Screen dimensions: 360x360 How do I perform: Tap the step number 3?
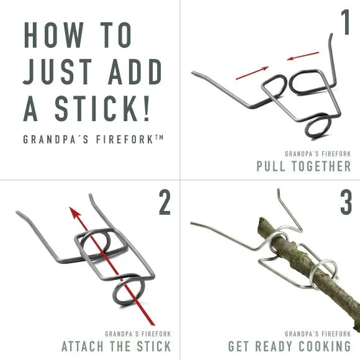(345, 203)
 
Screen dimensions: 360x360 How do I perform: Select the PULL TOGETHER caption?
(304, 166)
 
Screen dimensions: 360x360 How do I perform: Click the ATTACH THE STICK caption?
(116, 346)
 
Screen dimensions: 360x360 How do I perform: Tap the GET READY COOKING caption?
(289, 346)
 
